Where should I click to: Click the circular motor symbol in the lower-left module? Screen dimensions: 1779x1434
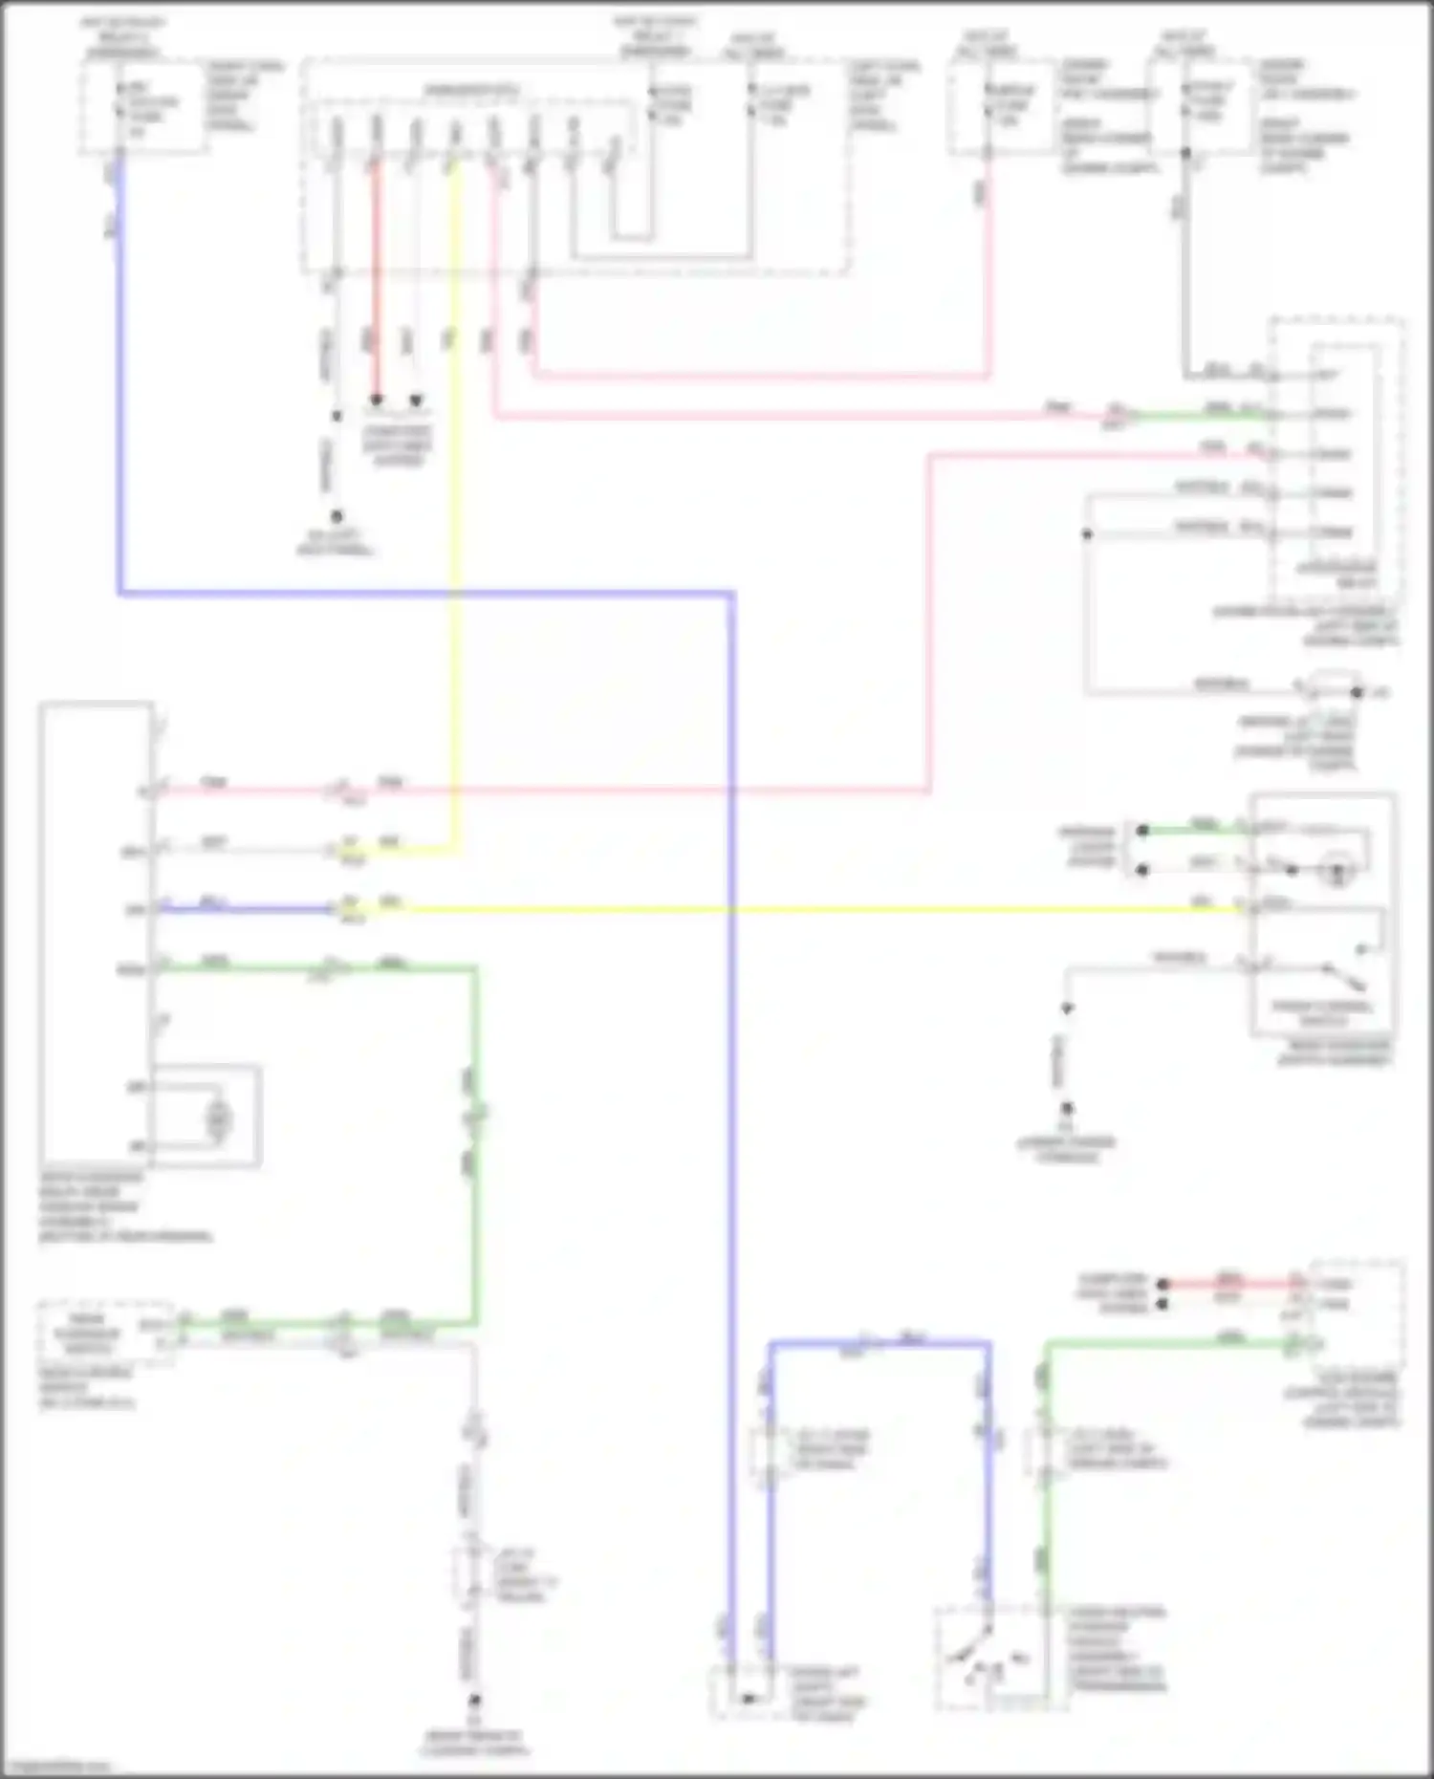point(220,1117)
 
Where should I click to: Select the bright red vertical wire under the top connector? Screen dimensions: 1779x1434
point(376,277)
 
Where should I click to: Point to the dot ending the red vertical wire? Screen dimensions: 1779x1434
point(377,400)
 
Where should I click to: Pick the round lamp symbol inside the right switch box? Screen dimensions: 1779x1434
point(1336,871)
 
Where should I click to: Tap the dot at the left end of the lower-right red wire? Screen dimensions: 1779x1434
point(1163,1284)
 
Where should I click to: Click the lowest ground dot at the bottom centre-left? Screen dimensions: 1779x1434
point(473,1701)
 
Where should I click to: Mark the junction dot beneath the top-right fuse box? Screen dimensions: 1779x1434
point(1185,153)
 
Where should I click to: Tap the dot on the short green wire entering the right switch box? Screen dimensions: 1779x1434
point(1142,831)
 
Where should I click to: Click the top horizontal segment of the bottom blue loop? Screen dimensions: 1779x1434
point(880,1343)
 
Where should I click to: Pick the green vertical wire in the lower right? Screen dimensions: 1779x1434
point(1047,1491)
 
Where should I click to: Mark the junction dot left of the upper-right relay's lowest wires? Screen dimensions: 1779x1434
point(1087,533)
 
